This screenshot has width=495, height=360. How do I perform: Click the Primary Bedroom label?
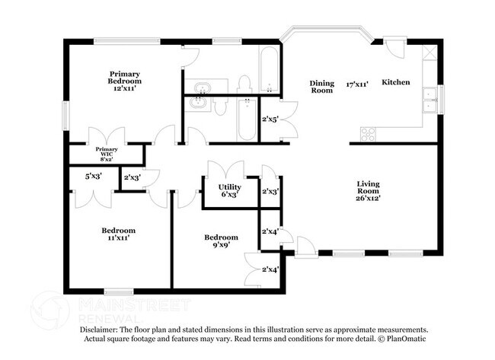(124, 78)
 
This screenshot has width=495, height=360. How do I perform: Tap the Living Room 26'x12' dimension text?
(368, 198)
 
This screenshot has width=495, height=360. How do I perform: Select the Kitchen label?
(396, 82)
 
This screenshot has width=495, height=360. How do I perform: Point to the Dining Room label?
(321, 87)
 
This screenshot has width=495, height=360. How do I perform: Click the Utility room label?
(229, 187)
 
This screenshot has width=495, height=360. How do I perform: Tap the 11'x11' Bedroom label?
(118, 234)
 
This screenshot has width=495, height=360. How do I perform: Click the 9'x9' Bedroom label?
(221, 241)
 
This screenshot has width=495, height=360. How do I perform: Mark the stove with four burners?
(368, 134)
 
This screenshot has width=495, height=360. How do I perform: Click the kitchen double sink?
(430, 100)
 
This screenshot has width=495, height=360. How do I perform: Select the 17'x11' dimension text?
(357, 84)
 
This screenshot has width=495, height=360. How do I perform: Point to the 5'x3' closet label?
(94, 176)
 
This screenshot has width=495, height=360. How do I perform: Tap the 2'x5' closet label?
(270, 119)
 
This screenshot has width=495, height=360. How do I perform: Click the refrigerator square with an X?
(430, 53)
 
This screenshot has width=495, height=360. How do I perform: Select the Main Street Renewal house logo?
(50, 310)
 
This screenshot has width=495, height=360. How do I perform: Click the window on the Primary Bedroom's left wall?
(65, 116)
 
